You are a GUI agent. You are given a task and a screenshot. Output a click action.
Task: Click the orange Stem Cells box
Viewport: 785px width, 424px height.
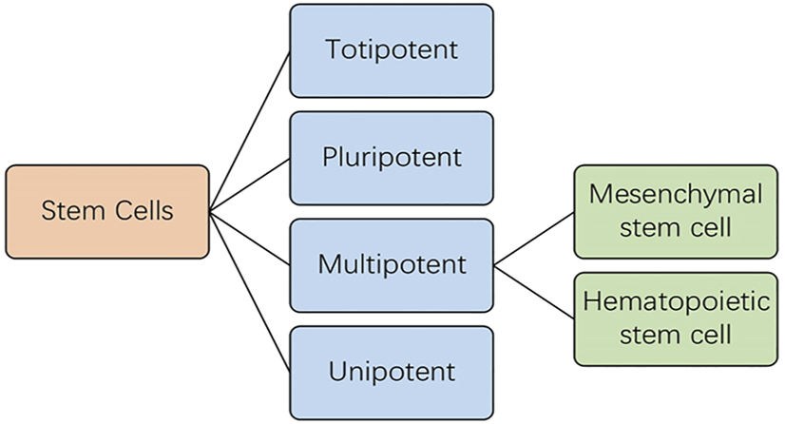106,211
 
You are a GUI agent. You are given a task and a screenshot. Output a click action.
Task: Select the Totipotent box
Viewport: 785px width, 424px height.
392,50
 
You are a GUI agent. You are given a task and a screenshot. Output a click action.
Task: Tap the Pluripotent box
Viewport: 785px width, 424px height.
392,157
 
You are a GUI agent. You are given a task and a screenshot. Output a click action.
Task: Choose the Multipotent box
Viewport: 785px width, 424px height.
392,264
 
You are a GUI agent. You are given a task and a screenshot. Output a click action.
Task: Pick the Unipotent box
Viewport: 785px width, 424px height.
392,371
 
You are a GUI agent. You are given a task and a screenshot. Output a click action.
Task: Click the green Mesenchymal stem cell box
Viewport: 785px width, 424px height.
674,210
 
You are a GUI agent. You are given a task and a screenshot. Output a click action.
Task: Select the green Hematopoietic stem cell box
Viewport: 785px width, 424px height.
674,318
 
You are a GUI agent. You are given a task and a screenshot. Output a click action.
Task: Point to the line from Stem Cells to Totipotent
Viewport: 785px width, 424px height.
249,130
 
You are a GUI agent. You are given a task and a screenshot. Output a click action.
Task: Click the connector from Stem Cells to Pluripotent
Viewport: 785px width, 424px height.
249,184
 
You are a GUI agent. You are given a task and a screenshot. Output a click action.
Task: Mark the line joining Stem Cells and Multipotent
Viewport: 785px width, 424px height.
249,237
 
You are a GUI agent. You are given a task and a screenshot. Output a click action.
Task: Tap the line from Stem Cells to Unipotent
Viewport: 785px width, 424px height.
249,290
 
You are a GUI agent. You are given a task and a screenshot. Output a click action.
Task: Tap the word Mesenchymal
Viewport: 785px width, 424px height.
674,194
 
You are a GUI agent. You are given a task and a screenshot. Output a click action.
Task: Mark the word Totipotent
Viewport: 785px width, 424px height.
392,50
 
